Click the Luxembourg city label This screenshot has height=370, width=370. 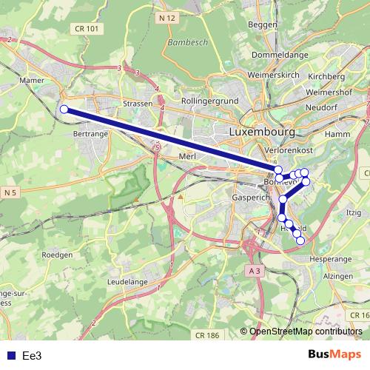click(x=262, y=132)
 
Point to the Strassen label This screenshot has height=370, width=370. click(x=138, y=104)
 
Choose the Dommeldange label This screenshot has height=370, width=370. click(x=280, y=55)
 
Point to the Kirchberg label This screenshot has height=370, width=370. click(x=326, y=76)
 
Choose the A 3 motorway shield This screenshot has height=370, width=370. click(x=255, y=271)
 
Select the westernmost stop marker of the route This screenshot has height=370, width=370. click(x=64, y=110)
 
